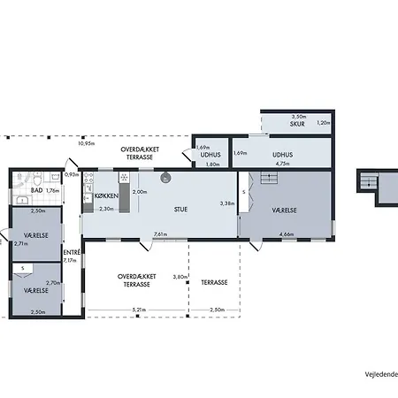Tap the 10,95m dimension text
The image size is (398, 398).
86,142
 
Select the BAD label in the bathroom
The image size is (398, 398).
37,190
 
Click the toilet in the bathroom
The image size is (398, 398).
21,179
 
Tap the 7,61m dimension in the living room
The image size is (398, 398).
160,234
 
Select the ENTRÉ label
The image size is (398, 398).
72,252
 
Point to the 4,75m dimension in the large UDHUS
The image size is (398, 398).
283,164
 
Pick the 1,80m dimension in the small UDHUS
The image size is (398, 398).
212,164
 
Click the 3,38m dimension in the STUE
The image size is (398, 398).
226,203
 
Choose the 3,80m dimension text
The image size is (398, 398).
180,276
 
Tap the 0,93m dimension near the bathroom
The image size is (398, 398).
72,174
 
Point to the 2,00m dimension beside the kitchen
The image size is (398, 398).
140,192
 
